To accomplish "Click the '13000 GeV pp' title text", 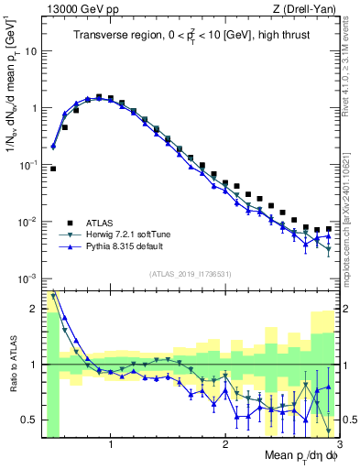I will pyautogui.click(x=80, y=8).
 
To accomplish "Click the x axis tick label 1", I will pyautogui.click(x=111, y=445).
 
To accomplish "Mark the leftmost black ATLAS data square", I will pyautogui.click(x=53, y=169).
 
